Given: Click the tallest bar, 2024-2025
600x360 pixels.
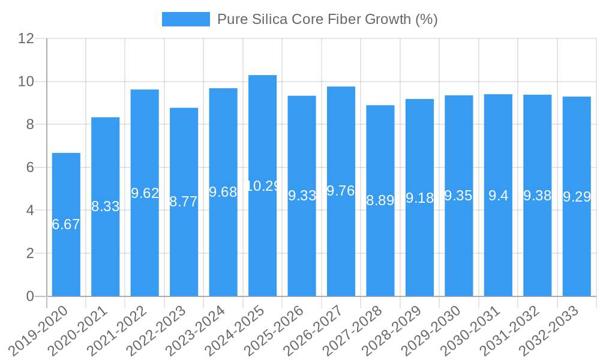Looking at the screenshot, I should pos(262,240).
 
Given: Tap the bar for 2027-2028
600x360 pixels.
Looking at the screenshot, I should pos(380,252).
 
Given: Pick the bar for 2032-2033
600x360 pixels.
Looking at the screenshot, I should pos(577,252).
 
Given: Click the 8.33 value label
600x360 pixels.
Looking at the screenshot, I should pos(106,206).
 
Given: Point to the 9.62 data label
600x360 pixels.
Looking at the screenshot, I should pos(145,193).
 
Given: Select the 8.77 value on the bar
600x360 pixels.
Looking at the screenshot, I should pos(184,202).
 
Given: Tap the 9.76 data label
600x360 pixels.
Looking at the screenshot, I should pos(341,191).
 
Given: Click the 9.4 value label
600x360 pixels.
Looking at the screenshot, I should pos(498,196).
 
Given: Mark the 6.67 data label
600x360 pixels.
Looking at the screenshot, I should pos(66,224).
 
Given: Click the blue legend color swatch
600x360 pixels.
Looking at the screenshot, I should pos(185,19).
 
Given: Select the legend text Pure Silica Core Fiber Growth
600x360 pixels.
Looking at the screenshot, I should pos(327,19).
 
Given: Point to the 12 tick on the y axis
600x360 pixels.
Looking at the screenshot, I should pos(26,38).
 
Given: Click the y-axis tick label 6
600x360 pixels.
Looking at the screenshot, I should pos(30,167).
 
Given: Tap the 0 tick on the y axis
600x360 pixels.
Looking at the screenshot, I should pos(30,296).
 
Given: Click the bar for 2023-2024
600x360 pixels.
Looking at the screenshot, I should pos(223,252).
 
